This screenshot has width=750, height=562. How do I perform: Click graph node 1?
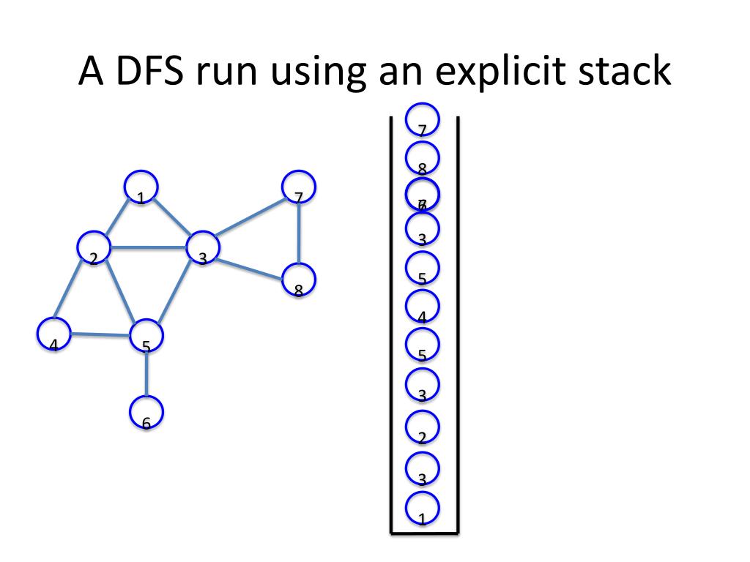(141, 187)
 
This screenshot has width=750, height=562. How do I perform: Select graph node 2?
(94, 248)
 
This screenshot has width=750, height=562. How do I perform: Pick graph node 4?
(53, 334)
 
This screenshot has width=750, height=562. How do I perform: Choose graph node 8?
(299, 280)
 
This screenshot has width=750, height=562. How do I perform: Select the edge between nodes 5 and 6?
(146, 374)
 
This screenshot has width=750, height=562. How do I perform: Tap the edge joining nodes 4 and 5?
(100, 335)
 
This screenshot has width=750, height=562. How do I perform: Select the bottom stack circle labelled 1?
(423, 508)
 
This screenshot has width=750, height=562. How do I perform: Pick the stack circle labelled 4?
(423, 306)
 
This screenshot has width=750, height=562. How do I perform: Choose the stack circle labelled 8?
(423, 158)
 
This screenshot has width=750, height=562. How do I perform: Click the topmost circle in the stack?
(423, 119)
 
